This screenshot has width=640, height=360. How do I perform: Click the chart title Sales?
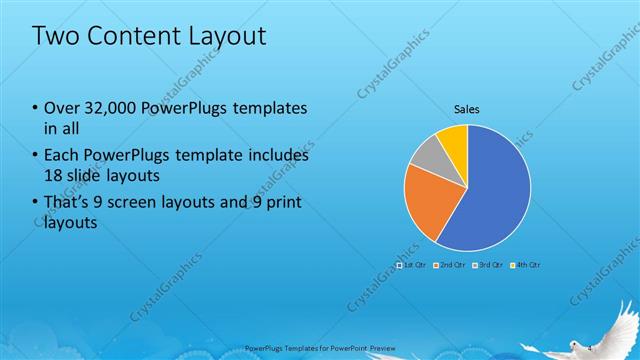467,108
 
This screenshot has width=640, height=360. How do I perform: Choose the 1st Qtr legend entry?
412,265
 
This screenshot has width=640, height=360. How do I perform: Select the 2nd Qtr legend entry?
451,265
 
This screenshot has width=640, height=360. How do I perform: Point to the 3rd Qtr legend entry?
488,265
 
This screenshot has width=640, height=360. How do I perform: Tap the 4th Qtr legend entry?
526,265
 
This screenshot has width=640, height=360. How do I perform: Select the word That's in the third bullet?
70,203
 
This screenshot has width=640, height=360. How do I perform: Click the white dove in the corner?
611,330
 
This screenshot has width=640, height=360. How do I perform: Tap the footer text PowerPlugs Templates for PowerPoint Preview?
313,349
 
